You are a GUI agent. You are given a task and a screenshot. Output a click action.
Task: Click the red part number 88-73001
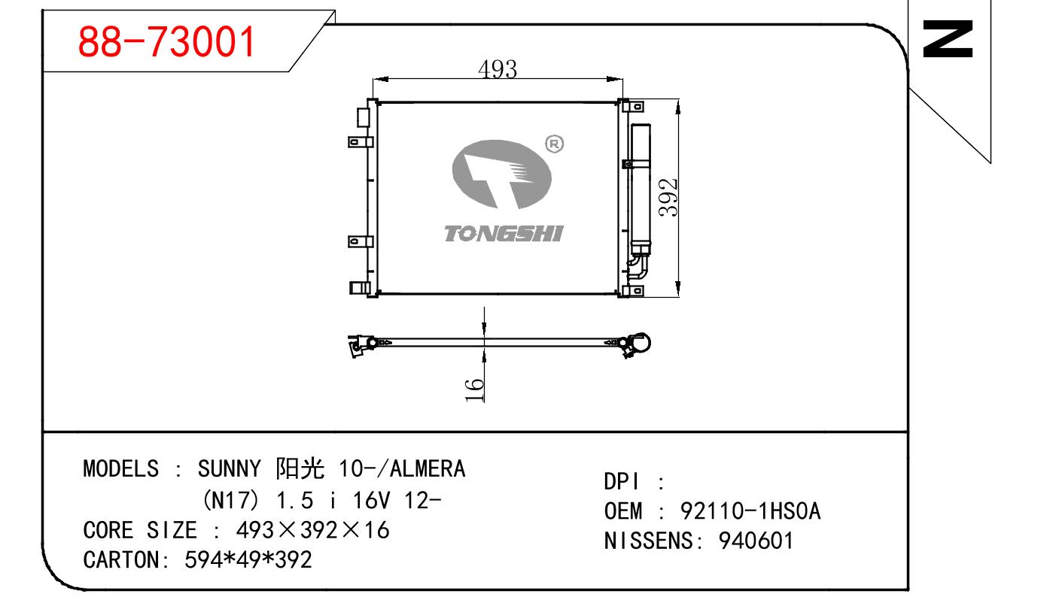click(x=166, y=41)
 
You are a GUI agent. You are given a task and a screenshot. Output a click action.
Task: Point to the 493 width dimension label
click(x=498, y=69)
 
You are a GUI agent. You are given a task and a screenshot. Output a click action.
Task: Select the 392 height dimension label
click(x=668, y=197)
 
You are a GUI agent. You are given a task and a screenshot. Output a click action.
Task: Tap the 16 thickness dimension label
click(x=474, y=390)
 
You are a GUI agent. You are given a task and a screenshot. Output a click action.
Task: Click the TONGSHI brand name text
click(x=504, y=234)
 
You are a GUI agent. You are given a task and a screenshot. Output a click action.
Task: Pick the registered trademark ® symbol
click(x=554, y=144)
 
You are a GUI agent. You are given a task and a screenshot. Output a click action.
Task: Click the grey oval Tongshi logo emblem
click(x=501, y=174)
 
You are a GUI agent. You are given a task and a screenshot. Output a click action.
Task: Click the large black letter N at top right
click(x=948, y=39)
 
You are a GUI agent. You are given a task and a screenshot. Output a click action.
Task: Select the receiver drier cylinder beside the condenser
click(x=641, y=189)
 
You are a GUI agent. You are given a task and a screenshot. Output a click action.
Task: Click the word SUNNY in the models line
click(x=229, y=468)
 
